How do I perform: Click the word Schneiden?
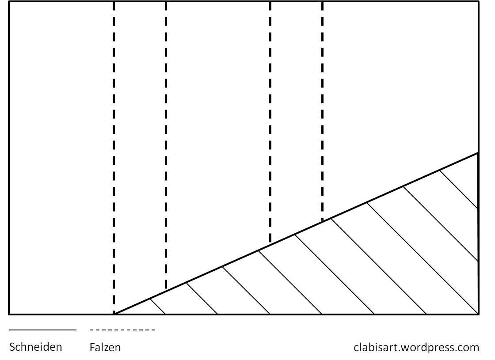pos(36,347)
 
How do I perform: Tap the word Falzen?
pos(105,347)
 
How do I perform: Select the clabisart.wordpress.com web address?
pos(416,347)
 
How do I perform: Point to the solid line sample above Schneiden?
pos(42,330)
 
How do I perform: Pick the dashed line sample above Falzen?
pos(122,330)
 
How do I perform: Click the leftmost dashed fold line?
pos(114,155)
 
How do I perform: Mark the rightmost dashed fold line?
pos(323,110)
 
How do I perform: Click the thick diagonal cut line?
pos(296,234)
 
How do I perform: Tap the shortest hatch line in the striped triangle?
pos(158,307)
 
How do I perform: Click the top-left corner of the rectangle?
pos(9,2)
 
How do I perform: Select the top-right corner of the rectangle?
pos(478,2)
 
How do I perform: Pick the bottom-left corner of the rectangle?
pos(9,314)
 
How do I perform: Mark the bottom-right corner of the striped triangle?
pos(478,314)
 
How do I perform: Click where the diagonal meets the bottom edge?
pos(114,314)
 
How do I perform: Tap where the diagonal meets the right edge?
pos(478,153)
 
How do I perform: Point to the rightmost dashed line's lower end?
pos(323,220)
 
